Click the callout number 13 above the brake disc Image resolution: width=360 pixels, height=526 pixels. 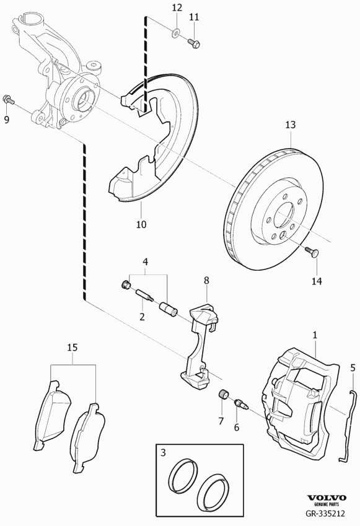coord(291,125)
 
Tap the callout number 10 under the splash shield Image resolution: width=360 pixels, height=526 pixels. coord(141,224)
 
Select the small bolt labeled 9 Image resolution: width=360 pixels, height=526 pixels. coord(9,100)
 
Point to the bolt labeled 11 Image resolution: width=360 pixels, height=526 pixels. coord(193,43)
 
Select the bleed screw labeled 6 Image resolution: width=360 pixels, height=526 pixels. coord(241,403)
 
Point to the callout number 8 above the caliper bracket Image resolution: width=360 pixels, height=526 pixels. coord(206,281)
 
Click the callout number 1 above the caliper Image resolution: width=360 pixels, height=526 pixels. coord(315,335)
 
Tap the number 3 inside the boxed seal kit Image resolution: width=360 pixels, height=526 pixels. coord(163,453)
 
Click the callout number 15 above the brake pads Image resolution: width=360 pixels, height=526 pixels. coord(72,347)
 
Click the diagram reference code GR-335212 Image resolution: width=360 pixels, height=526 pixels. coord(325,513)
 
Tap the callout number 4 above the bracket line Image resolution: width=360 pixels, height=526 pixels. coord(145,261)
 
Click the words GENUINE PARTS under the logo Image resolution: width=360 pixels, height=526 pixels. coord(327,504)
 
